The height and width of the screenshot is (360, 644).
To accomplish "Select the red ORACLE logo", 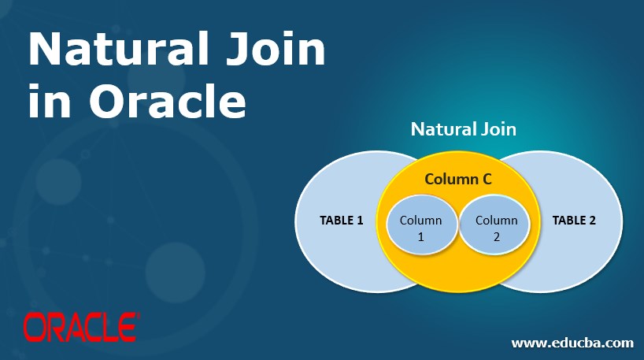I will [81, 325].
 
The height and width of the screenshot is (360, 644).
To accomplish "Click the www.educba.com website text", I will [572, 343].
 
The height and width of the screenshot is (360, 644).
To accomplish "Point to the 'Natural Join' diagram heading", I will [463, 128].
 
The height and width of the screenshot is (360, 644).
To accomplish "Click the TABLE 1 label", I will [341, 221].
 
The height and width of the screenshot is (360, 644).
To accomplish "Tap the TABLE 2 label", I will [574, 221].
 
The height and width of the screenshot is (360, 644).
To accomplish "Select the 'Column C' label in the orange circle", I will [458, 180].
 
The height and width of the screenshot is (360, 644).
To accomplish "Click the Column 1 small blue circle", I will [420, 227].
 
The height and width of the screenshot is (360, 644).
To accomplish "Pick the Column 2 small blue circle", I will [497, 227].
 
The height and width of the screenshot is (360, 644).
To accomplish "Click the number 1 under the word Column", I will [420, 236].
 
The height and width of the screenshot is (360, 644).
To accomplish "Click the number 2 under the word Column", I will [497, 236].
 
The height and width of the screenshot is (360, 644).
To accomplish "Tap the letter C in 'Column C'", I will [487, 180].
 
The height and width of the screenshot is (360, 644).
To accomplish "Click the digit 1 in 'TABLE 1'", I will [360, 221].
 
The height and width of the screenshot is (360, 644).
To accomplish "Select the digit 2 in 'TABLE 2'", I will [592, 221].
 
